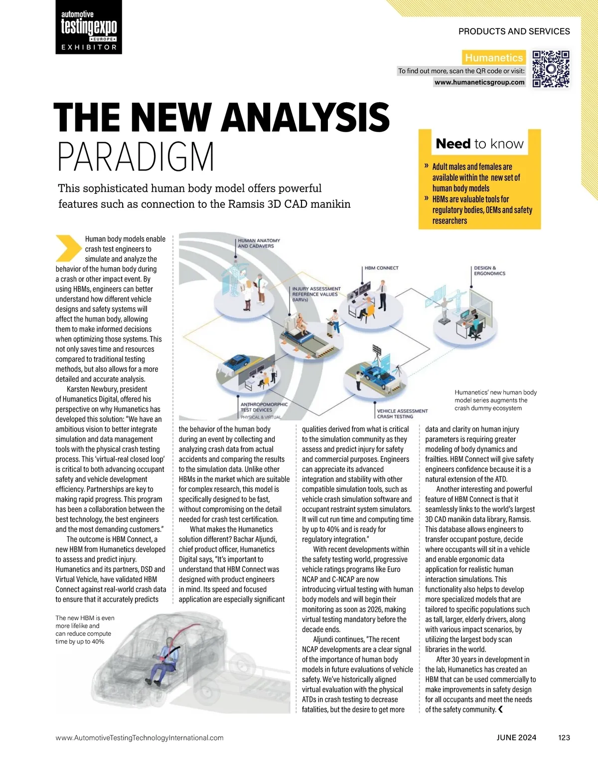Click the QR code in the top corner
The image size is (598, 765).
click(551, 69)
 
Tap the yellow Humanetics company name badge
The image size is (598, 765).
click(493, 58)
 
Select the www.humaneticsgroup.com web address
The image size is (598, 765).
click(479, 82)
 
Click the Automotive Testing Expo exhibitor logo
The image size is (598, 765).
click(89, 27)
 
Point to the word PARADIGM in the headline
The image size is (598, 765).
click(136, 156)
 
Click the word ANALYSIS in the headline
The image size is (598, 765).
click(305, 118)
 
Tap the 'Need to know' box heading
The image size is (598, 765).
click(479, 144)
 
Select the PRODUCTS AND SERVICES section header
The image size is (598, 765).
click(514, 31)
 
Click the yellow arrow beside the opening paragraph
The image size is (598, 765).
click(68, 248)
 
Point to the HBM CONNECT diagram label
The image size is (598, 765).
click(381, 268)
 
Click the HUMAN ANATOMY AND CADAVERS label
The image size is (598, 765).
click(259, 243)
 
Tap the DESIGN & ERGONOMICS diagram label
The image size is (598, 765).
click(489, 271)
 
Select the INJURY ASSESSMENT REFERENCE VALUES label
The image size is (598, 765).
click(316, 294)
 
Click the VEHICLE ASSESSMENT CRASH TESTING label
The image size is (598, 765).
click(402, 414)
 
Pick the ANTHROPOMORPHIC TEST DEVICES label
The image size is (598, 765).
click(264, 408)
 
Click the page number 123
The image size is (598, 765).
click(564, 738)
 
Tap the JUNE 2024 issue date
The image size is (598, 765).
click(516, 738)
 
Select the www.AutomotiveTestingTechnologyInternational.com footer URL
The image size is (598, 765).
click(140, 738)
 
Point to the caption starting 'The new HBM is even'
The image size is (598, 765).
click(85, 629)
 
